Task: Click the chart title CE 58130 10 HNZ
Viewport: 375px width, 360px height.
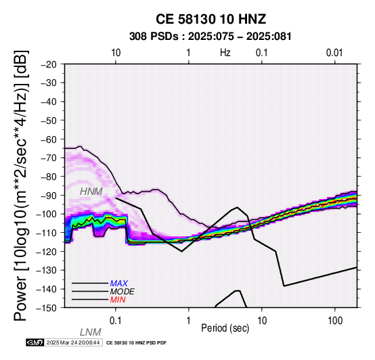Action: tap(211, 19)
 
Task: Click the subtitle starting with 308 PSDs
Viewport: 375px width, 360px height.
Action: tap(211, 37)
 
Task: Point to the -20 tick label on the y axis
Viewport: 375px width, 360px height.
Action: tap(49, 64)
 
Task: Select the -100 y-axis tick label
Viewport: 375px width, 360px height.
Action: tap(47, 214)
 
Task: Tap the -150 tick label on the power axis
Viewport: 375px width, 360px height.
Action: tap(47, 308)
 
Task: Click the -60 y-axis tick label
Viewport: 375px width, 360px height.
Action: tap(49, 139)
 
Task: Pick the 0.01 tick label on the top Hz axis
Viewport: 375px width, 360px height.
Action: tap(334, 53)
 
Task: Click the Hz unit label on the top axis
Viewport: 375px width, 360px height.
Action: tap(225, 53)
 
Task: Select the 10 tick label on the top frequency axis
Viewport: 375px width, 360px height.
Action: tap(116, 53)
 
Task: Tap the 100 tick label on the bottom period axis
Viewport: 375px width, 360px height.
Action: tap(335, 321)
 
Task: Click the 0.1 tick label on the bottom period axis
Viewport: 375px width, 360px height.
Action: tap(116, 321)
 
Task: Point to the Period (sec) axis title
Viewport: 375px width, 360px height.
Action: tap(225, 328)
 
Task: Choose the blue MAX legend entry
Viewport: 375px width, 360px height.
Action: tap(118, 284)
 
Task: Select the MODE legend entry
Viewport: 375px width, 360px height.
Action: tap(122, 292)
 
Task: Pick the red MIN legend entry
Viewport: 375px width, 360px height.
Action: tap(118, 300)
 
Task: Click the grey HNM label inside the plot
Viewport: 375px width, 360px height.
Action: tap(91, 192)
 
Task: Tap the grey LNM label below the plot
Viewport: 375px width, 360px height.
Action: tap(91, 332)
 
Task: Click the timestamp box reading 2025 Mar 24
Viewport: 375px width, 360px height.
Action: tap(73, 343)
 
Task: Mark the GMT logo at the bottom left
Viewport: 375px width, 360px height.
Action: tap(35, 343)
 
